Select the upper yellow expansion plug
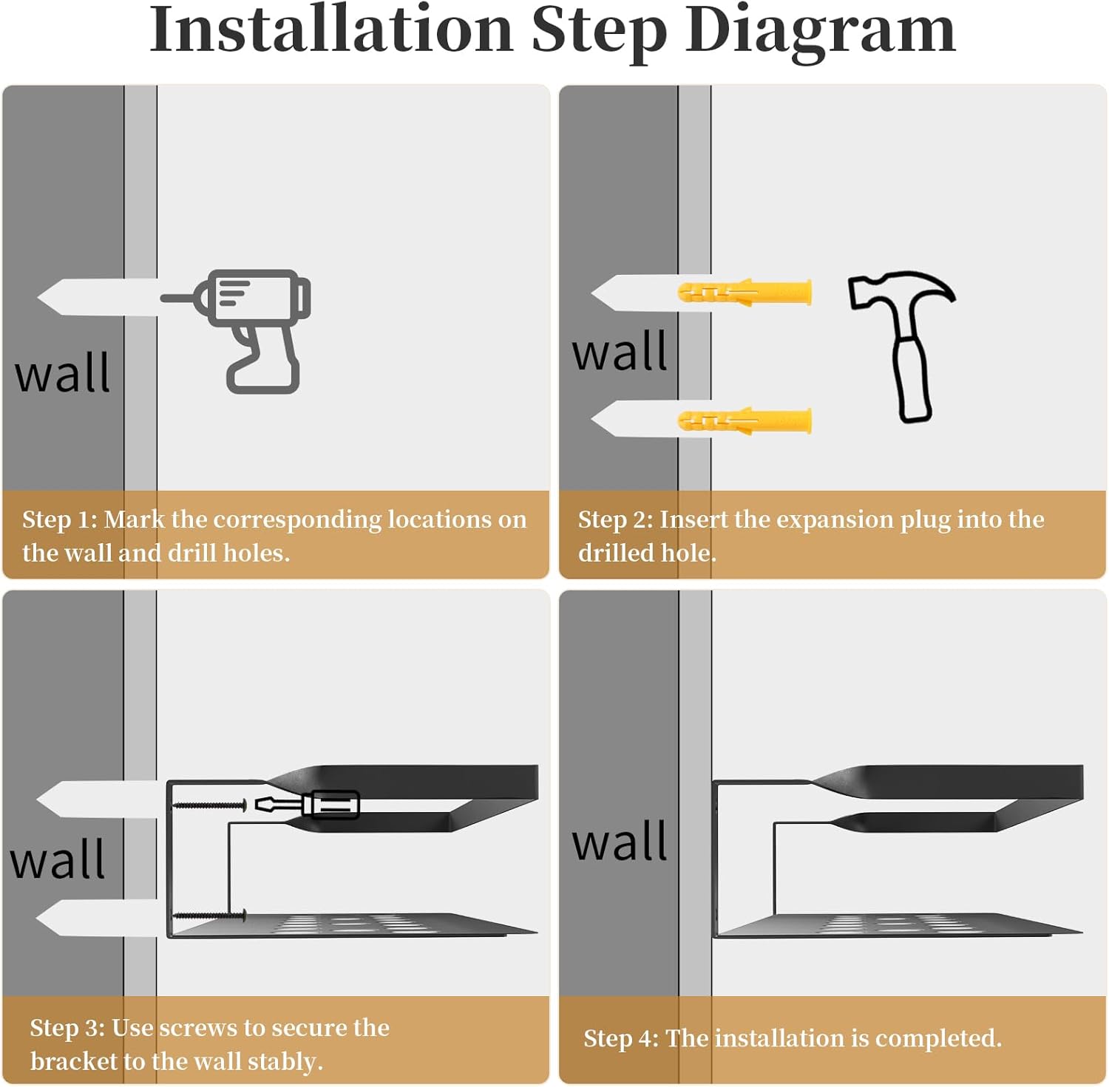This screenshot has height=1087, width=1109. [x=745, y=293]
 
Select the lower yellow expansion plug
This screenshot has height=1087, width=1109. [x=745, y=421]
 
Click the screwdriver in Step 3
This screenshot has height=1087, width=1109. [x=307, y=804]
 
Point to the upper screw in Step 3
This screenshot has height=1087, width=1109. [x=209, y=805]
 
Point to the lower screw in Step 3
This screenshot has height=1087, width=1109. [x=209, y=916]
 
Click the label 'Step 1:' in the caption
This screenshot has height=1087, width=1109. [x=60, y=519]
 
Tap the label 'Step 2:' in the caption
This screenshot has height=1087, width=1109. [x=616, y=519]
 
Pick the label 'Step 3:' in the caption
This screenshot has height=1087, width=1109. [x=67, y=1027]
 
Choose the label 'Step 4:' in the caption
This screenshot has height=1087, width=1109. [x=621, y=1037]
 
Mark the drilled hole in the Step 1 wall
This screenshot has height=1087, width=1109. [x=97, y=298]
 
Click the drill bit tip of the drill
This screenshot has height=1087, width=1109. [x=163, y=299]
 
